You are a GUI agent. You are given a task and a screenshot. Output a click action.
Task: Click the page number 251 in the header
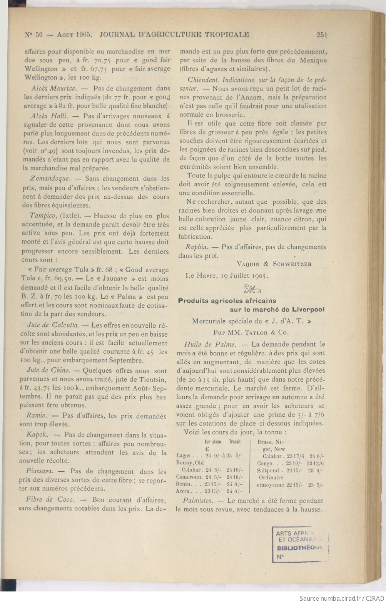(321, 35)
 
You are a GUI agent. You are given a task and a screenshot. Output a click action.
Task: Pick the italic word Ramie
(37, 416)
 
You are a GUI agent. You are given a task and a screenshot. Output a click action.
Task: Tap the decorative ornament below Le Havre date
(252, 288)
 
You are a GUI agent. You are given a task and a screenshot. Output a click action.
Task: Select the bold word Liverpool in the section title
(307, 310)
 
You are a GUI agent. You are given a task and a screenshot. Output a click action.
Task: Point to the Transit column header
(234, 442)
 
